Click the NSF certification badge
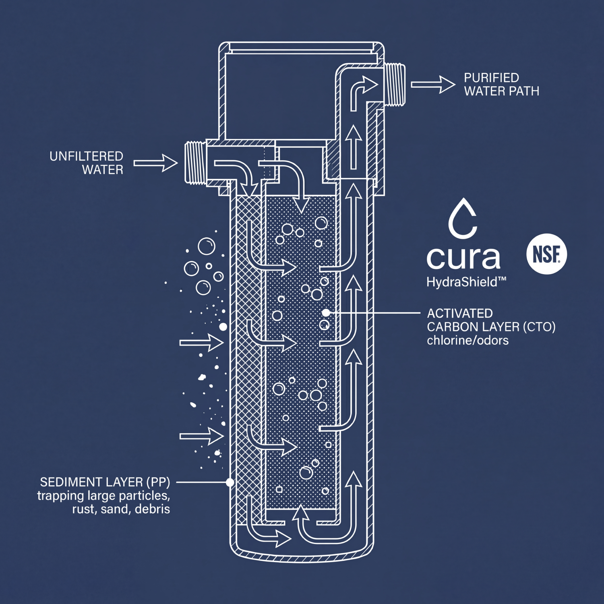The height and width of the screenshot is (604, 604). tap(546, 254)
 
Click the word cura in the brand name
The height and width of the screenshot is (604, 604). tap(463, 258)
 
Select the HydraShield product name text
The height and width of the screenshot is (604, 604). tap(466, 282)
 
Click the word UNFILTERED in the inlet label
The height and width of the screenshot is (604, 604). tap(86, 156)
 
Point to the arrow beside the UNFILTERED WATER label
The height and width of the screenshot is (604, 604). tap(155, 163)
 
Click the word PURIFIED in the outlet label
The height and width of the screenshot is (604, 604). tap(491, 78)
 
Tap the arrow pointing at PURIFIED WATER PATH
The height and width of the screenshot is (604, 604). tap(433, 85)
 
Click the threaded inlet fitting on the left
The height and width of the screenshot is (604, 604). tap(196, 163)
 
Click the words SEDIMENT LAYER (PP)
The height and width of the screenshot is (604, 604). tap(105, 482)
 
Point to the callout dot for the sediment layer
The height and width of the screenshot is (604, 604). tap(230, 482)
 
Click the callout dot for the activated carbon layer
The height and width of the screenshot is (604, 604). tap(326, 312)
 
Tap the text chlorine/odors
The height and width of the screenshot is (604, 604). tap(467, 341)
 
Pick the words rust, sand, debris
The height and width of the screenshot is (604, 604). tap(121, 509)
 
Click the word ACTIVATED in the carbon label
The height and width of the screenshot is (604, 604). tap(460, 313)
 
